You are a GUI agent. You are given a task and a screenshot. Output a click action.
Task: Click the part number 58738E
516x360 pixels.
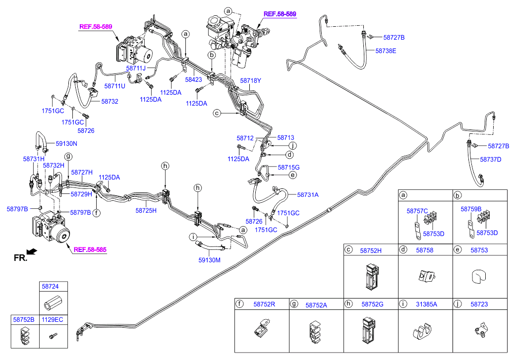pyautogui.click(x=386, y=51)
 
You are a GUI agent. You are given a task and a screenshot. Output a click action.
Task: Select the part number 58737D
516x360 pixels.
pyautogui.click(x=490, y=159)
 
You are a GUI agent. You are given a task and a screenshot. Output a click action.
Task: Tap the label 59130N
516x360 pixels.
pyautogui.click(x=66, y=144)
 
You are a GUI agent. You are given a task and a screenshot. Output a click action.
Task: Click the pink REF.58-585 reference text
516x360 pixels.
pyautogui.click(x=90, y=250)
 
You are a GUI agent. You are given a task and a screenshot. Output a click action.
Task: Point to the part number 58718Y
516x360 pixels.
pyautogui.click(x=250, y=80)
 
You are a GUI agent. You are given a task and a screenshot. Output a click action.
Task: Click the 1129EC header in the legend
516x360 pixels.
pyautogui.click(x=52, y=320)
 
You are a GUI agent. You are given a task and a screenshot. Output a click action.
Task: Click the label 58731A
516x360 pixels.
pyautogui.click(x=308, y=195)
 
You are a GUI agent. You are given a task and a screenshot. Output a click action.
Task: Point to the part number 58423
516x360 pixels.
pyautogui.click(x=193, y=79)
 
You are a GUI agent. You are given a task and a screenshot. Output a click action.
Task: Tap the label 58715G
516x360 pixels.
pyautogui.click(x=288, y=168)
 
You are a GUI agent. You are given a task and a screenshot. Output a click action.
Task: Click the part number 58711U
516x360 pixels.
pyautogui.click(x=115, y=86)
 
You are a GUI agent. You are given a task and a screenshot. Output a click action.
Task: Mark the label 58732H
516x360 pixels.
pyautogui.click(x=54, y=165)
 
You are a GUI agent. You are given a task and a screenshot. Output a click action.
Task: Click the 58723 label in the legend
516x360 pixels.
pyautogui.click(x=479, y=304)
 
